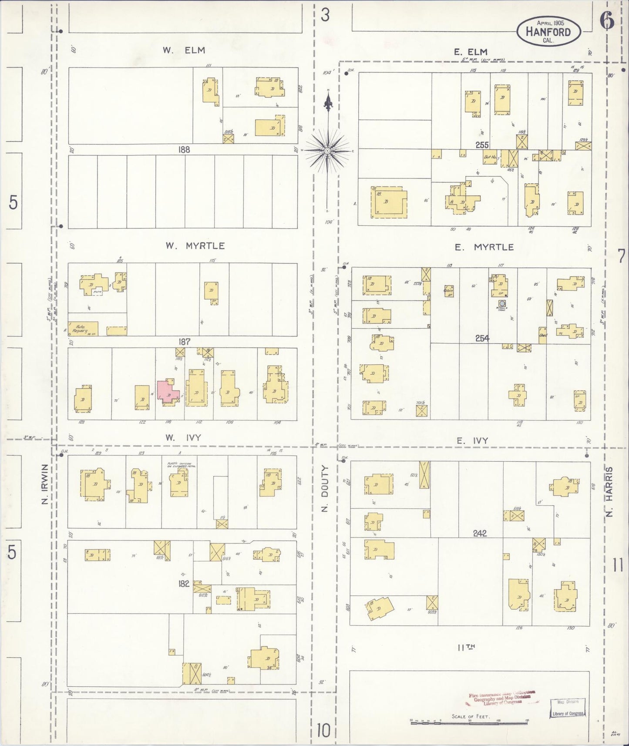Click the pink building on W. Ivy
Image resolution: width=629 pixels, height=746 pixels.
(x=168, y=391)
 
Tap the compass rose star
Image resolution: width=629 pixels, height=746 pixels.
(x=327, y=151)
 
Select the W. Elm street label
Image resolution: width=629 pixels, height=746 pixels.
(x=184, y=50)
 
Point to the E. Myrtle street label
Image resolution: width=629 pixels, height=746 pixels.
(x=484, y=247)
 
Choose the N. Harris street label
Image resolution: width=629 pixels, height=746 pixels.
(x=609, y=492)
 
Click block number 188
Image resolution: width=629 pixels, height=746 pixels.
(x=184, y=149)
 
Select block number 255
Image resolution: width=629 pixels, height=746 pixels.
(x=482, y=145)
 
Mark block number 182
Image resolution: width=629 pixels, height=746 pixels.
(x=184, y=583)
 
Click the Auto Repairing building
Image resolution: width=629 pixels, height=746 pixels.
(x=83, y=329)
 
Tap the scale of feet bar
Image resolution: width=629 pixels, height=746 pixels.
(x=469, y=721)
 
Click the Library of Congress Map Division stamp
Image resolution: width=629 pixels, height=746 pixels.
(x=567, y=707)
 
